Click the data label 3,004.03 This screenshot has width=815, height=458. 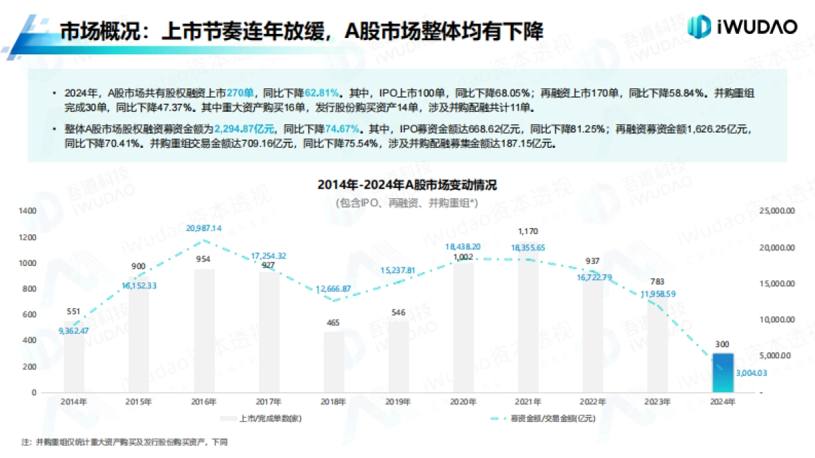pos(750,373)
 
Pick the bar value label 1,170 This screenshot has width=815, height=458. pos(527,231)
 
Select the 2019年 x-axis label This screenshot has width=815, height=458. pos(398,401)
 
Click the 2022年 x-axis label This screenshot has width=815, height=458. pos(592,401)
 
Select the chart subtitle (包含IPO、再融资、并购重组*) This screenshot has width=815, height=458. pos(407,202)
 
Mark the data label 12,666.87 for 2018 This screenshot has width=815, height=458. pos(333,289)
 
